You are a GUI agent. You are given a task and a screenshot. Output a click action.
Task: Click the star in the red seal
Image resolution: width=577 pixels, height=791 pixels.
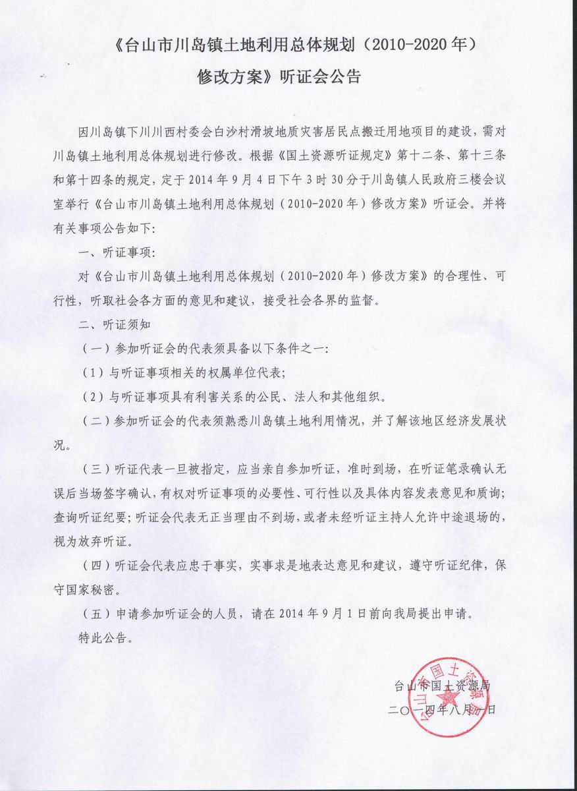tap(451, 696)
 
